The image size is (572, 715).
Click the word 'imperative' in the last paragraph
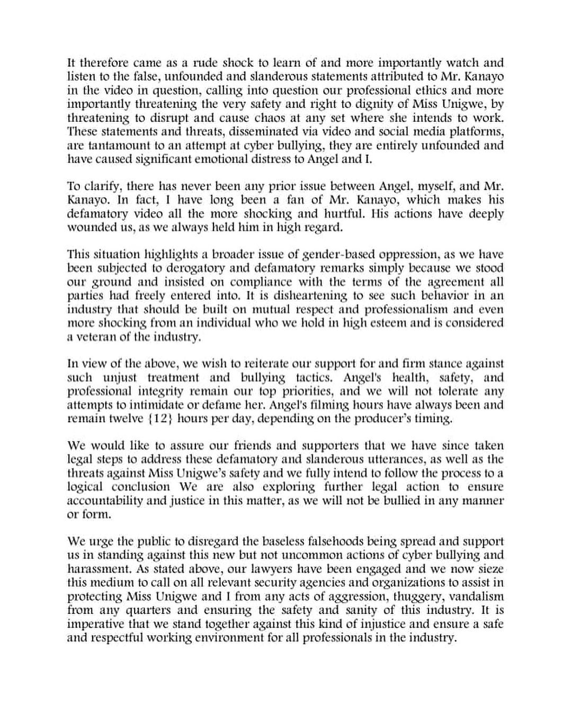(x=97, y=624)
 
